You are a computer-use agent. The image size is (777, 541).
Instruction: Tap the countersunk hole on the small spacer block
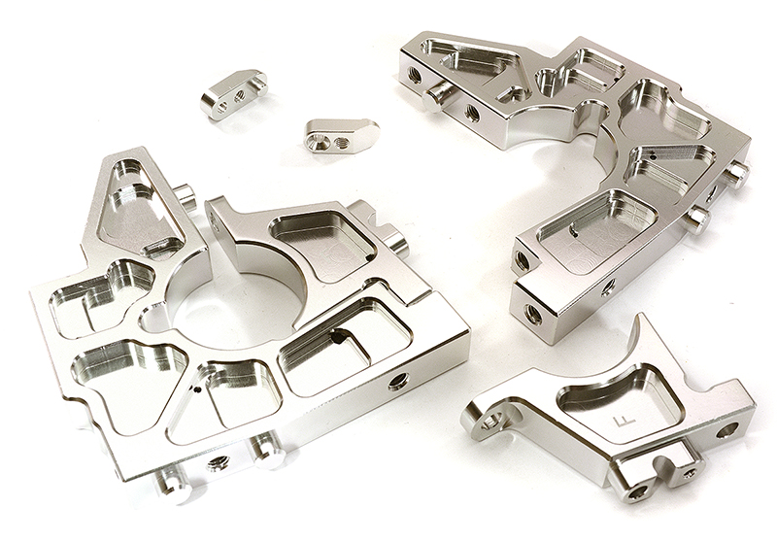pyautogui.click(x=317, y=142)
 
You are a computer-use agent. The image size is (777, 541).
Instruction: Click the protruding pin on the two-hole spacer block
pyautogui.click(x=258, y=84)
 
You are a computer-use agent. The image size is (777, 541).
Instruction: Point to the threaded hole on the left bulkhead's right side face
pyautogui.click(x=398, y=381)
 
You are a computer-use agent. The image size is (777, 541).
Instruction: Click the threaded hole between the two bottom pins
pyautogui.click(x=220, y=462)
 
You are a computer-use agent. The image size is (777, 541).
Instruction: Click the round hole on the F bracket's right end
pyautogui.click(x=727, y=429)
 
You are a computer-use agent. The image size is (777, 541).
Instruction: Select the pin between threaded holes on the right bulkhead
pyautogui.click(x=441, y=93)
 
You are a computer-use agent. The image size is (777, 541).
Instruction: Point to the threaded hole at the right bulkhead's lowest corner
pyautogui.click(x=533, y=314)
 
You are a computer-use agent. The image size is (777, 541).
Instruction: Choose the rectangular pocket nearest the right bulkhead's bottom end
pyautogui.click(x=593, y=222)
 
